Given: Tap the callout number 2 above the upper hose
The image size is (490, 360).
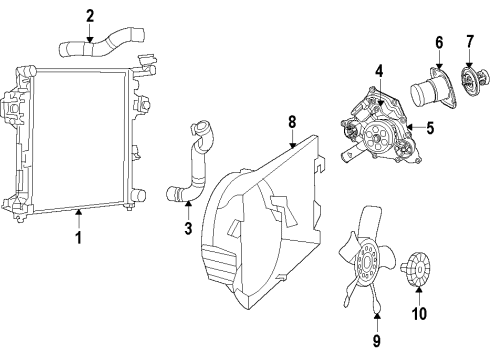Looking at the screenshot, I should click(89, 15).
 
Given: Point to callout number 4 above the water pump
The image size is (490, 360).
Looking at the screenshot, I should click(380, 70).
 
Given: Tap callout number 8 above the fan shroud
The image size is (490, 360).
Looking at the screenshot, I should click(292, 121).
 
